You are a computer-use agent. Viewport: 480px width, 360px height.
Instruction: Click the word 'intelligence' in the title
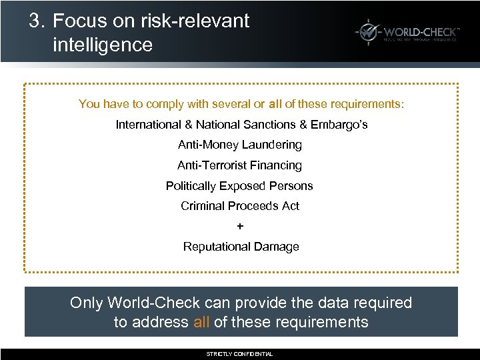click(102, 45)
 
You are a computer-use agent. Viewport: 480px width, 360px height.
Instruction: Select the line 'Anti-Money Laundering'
click(240, 145)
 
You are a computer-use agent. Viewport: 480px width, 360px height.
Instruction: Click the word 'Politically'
click(194, 186)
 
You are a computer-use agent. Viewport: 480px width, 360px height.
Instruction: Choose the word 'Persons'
click(291, 186)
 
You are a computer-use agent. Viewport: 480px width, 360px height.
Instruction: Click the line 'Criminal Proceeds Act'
click(240, 206)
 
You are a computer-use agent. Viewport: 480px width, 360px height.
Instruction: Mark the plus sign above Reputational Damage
click(240, 227)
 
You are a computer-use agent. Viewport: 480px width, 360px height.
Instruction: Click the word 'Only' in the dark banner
click(85, 303)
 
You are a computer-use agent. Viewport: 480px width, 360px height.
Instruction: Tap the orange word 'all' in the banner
click(201, 323)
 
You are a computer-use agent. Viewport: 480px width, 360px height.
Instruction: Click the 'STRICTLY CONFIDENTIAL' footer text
click(240, 354)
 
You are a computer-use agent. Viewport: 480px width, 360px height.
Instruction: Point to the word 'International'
click(149, 125)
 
